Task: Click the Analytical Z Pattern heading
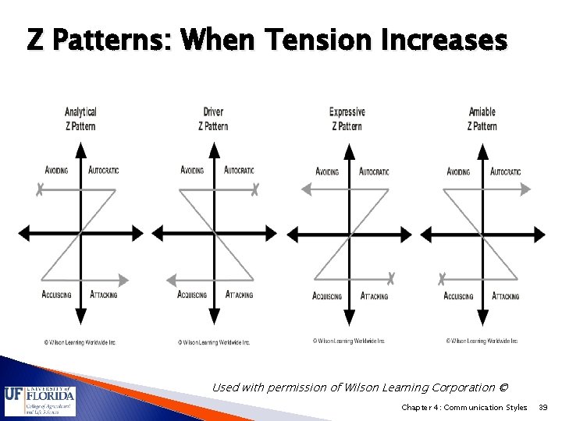click(x=81, y=119)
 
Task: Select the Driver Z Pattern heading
click(x=213, y=119)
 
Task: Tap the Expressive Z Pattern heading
click(x=347, y=119)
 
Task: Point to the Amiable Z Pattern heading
click(x=481, y=119)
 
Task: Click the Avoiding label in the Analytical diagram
click(x=56, y=170)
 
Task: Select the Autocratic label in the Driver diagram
click(x=239, y=170)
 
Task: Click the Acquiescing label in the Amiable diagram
click(x=458, y=295)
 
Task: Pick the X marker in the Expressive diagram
click(x=391, y=277)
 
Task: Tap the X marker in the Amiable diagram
click(x=442, y=277)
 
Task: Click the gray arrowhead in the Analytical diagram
click(x=126, y=277)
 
